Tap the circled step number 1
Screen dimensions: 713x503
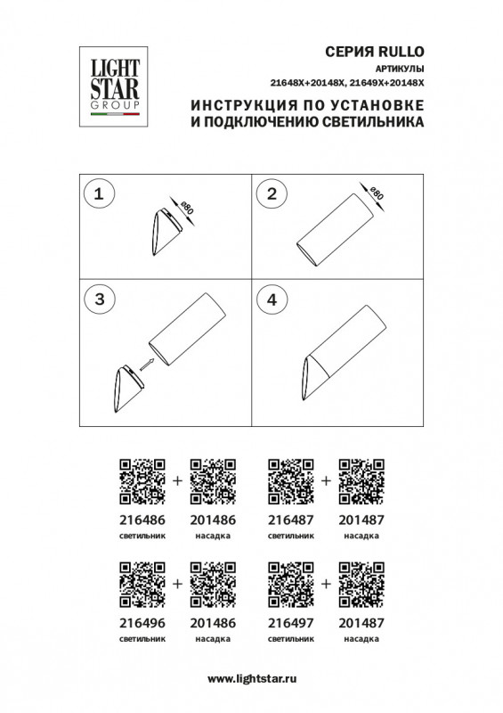(x=99, y=193)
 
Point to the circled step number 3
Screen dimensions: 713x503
(x=99, y=300)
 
